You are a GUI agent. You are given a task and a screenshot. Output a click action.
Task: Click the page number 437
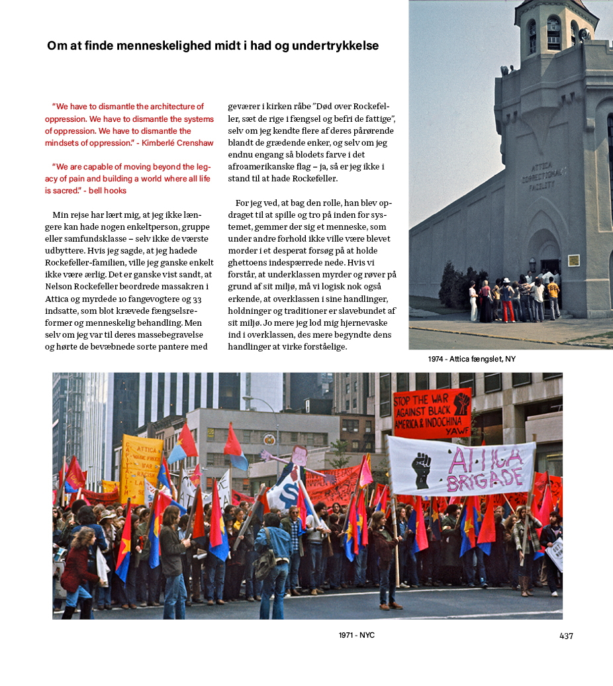[566, 636]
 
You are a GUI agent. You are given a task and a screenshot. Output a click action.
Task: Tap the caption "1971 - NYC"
[356, 635]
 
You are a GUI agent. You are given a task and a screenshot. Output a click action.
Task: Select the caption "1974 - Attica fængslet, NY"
[471, 359]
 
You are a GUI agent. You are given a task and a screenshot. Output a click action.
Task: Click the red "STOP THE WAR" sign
[431, 413]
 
